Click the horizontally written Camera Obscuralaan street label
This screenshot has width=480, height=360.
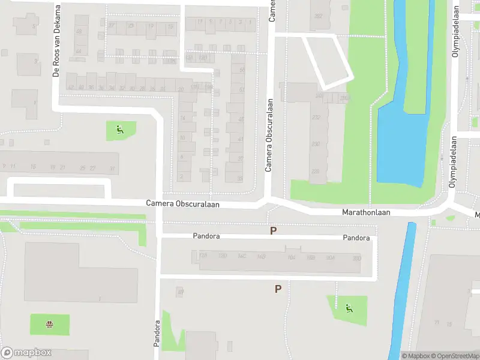pos(182,204)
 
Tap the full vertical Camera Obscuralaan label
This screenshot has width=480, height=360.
pos(269,135)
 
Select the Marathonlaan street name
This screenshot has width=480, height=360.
pos(366,212)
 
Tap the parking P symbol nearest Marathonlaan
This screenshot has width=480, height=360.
pos(274,230)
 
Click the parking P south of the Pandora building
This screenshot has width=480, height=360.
pos(278,289)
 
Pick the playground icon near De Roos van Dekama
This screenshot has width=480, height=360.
pos(121,129)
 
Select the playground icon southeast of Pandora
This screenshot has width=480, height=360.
pos(349,309)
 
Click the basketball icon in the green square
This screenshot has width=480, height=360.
pos(49,325)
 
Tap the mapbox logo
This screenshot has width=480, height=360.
pos(26,353)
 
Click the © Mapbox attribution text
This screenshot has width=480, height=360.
pos(415,356)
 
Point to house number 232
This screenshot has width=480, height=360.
pos(316,118)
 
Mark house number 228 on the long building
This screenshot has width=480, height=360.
pos(315,172)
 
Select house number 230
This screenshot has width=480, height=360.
pos(316,144)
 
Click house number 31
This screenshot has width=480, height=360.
pos(112,169)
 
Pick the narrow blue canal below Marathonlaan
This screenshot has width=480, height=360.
pos(402,288)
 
